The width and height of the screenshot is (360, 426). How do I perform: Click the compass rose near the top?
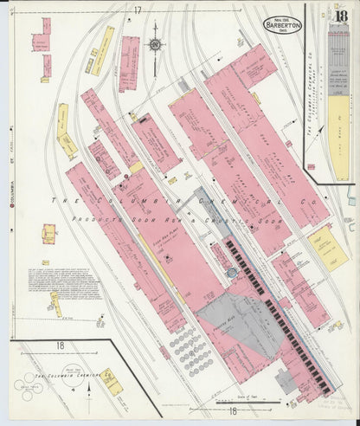coord(155,45)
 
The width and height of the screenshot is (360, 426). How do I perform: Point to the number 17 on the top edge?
coord(137,10)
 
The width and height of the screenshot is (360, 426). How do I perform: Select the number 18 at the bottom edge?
coord(232,411)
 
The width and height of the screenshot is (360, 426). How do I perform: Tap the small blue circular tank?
coord(231,273)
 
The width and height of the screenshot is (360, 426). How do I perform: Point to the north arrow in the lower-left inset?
coord(92,392)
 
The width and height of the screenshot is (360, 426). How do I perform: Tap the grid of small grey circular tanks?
coord(184,345)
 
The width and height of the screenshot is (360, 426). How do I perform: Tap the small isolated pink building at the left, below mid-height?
coord(50,232)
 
